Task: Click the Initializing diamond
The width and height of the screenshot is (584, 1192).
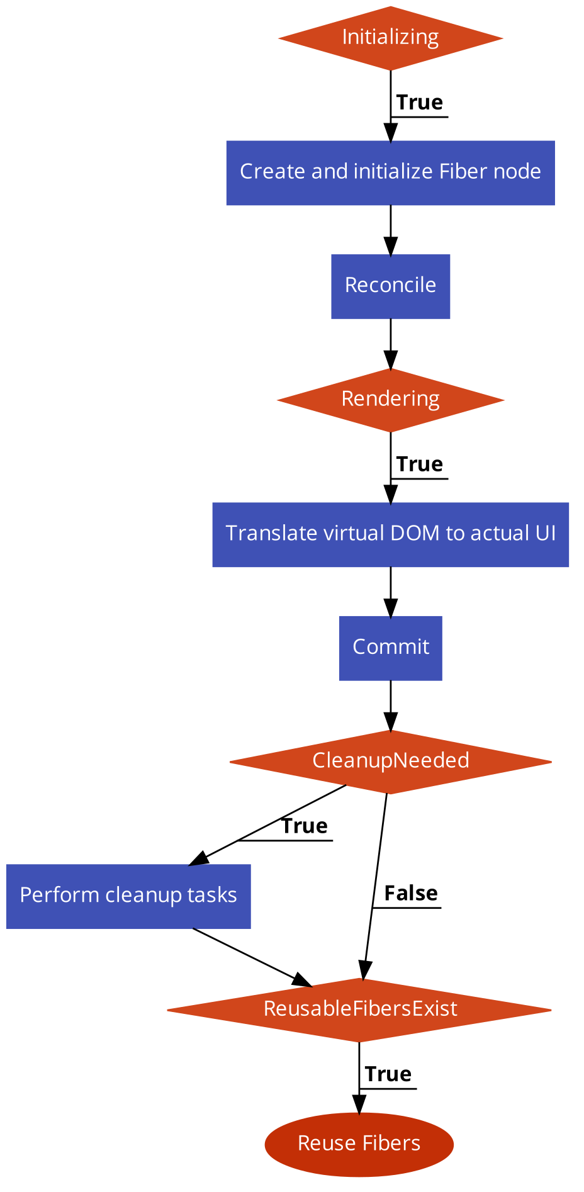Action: coord(390,38)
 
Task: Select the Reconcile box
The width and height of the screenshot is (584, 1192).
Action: coord(390,286)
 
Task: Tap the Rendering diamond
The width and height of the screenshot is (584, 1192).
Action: coord(390,399)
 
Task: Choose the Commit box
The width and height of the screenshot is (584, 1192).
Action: coord(390,647)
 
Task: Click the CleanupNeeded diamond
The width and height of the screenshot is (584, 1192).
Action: coord(390,761)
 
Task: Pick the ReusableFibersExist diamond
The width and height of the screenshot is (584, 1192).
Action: coord(360,1009)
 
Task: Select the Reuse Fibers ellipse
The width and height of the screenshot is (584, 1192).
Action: coord(359,1144)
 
